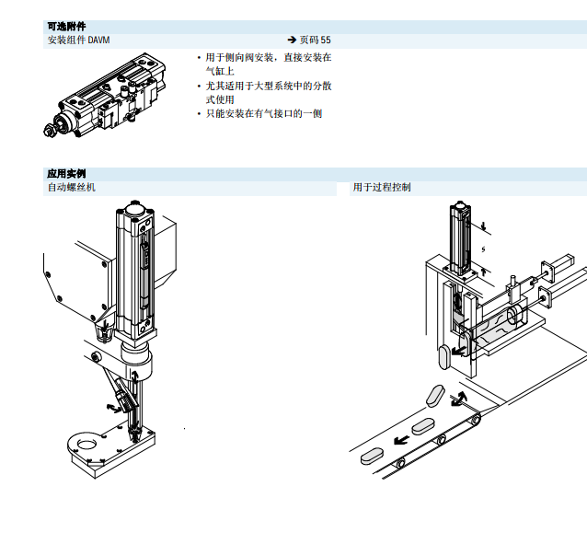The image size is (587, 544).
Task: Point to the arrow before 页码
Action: point(292,41)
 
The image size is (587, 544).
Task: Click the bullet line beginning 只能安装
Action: point(263,114)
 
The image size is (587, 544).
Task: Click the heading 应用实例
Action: point(66,173)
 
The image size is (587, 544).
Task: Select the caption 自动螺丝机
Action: point(71,187)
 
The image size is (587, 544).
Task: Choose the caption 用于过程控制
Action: point(382,187)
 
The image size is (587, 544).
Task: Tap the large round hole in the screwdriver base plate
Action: point(86,444)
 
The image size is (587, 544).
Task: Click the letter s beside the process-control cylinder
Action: point(482,248)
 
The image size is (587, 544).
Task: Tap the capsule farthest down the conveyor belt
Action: point(372,454)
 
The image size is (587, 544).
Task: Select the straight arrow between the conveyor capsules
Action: point(402,440)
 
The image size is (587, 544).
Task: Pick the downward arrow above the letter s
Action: point(482,226)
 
